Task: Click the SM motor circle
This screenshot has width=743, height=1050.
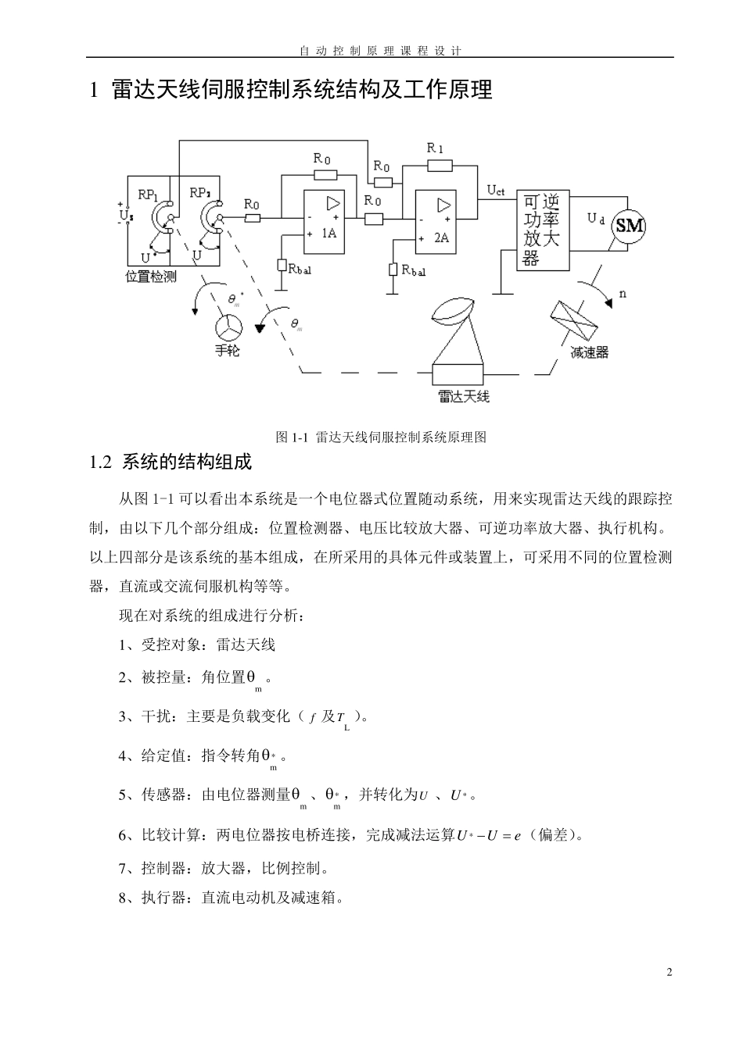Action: [630, 227]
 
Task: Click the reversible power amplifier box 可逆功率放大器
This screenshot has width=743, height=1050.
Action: [542, 230]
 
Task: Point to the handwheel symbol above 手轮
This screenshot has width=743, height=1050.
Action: [228, 327]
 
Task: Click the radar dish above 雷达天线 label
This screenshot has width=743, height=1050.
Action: [451, 310]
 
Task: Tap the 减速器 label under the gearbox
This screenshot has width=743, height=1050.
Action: [590, 352]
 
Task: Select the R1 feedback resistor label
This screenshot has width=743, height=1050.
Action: [436, 148]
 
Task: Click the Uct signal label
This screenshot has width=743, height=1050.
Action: [496, 190]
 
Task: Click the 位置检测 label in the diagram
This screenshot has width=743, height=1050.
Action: [151, 277]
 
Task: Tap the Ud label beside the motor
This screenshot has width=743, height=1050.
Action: [596, 219]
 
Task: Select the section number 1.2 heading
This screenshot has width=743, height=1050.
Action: [102, 462]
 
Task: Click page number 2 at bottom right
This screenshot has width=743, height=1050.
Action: [669, 973]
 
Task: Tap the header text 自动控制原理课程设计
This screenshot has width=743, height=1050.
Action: [380, 51]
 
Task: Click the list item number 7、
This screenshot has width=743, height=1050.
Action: [129, 869]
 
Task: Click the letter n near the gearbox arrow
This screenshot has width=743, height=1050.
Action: [623, 294]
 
